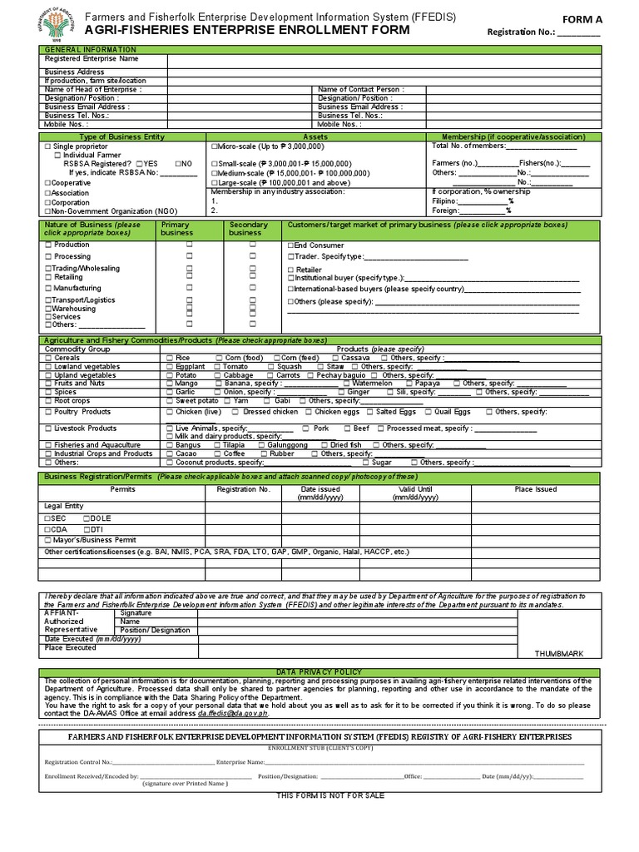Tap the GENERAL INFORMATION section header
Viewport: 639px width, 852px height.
click(x=91, y=50)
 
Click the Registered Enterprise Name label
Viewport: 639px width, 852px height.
click(x=92, y=59)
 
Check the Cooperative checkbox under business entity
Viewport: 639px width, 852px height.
click(x=47, y=182)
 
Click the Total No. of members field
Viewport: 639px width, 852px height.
click(x=542, y=146)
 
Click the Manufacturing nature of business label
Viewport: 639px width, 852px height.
click(x=77, y=288)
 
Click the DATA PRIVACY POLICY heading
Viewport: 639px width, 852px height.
click(x=319, y=671)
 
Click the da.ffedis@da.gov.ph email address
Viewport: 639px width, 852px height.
click(x=233, y=714)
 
